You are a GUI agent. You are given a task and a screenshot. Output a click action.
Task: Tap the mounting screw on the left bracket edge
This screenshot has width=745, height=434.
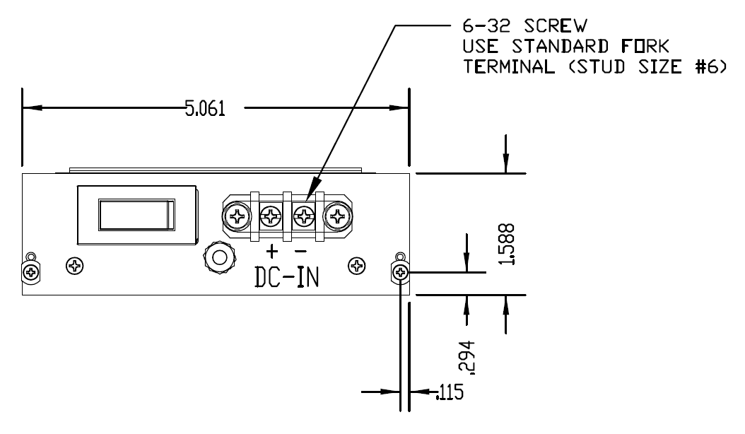[x=30, y=271]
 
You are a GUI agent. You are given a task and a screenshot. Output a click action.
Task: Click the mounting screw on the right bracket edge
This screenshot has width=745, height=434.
[x=401, y=271]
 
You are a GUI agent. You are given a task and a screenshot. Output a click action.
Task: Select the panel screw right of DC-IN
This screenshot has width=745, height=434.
[x=358, y=266]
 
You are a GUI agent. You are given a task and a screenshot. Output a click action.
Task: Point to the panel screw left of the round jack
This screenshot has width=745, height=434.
[x=74, y=266]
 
